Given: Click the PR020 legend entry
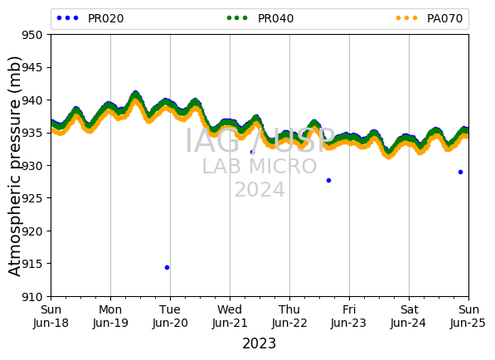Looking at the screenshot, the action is point(90,18).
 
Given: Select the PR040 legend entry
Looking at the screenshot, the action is point(260,18).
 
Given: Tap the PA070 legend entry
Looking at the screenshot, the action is point(429,18).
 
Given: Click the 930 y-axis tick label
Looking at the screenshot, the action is point(32,165).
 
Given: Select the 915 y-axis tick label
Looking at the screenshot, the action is point(32,264).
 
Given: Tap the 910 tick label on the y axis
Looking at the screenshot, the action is point(32,296).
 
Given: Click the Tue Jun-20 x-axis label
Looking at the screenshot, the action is point(170,316).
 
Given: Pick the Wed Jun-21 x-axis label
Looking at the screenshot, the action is point(230,316).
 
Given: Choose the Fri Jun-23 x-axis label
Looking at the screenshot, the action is point(349,316).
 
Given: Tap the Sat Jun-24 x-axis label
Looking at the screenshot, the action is point(409,316).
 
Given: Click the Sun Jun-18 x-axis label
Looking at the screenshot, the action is point(51,316).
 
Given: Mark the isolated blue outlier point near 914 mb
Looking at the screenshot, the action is point(167,267).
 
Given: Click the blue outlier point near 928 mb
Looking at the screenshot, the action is point(328,180).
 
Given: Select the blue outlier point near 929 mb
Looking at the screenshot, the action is point(460,172).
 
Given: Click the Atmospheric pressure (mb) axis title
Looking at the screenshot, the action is point(14,167).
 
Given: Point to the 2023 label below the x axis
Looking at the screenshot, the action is point(260,343).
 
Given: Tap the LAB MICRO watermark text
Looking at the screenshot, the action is point(260,167).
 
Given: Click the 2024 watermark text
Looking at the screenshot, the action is point(260,190).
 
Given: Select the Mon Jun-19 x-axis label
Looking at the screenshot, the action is point(110,316).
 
